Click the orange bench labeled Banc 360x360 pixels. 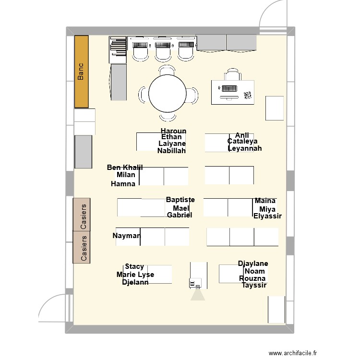click(81, 72)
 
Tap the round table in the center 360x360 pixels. click(167, 94)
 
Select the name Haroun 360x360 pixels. click(173, 131)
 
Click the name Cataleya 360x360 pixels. click(242, 141)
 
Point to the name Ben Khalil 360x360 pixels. click(125, 167)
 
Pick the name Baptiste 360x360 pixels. click(180, 200)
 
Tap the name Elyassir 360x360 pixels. click(267, 216)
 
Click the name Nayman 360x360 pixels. click(127, 236)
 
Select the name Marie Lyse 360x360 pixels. click(135, 275)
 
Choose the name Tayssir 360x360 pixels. click(254, 286)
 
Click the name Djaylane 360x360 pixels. click(253, 264)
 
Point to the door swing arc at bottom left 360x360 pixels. click(51, 307)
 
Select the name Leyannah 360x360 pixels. click(245, 148)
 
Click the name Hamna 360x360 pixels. click(123, 184)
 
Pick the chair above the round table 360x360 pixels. click(167, 72)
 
